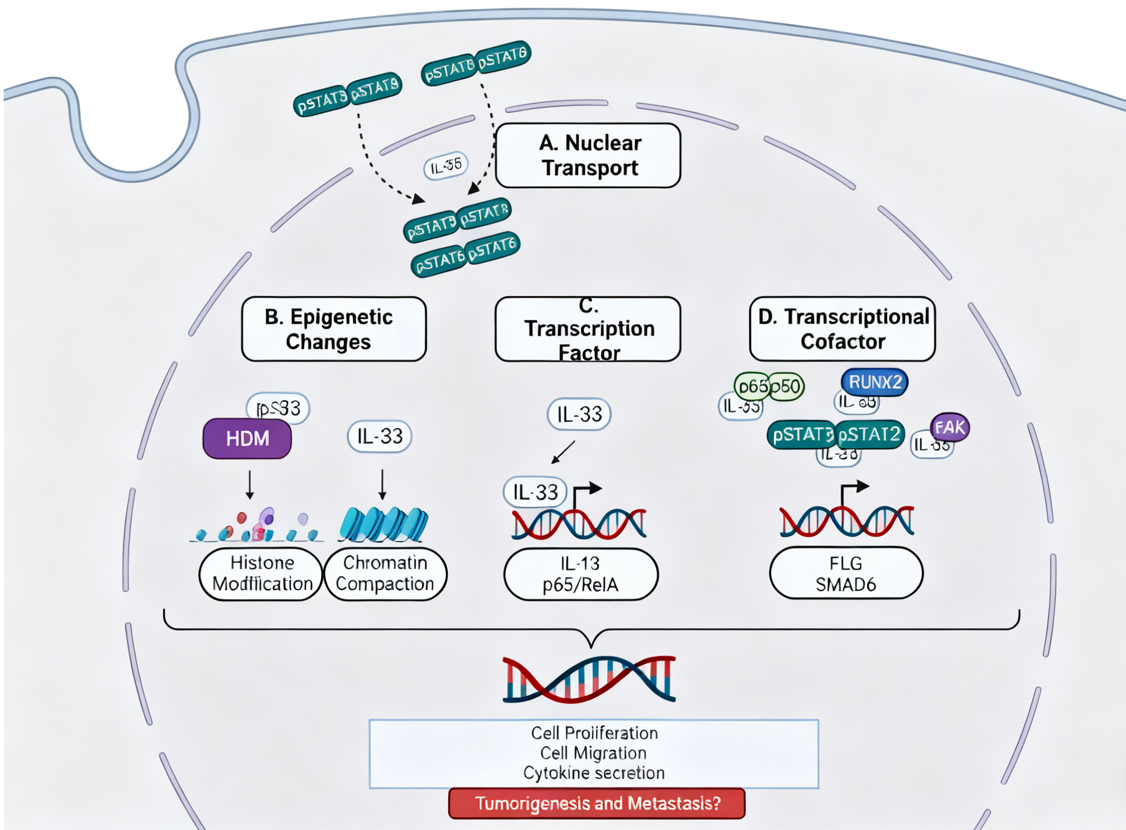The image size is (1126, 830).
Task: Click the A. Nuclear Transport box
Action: click(x=588, y=156)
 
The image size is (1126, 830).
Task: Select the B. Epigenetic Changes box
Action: click(x=334, y=329)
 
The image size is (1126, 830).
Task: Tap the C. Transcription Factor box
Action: click(x=588, y=329)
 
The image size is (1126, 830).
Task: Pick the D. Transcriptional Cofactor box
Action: click(x=842, y=329)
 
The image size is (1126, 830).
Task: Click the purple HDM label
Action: click(x=247, y=439)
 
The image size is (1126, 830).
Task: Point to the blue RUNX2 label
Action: click(x=875, y=382)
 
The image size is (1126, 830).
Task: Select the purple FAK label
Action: click(x=950, y=427)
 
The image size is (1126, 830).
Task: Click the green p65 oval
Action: click(x=752, y=387)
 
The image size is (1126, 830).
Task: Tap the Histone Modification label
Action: click(x=262, y=574)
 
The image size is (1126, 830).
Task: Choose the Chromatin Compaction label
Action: click(x=385, y=574)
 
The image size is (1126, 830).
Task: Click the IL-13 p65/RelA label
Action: click(x=581, y=574)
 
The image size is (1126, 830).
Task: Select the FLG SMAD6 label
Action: click(x=846, y=573)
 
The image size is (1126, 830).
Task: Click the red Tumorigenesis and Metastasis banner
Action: click(x=597, y=804)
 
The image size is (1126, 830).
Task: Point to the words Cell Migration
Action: click(x=593, y=753)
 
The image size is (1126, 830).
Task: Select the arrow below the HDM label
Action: click(x=250, y=484)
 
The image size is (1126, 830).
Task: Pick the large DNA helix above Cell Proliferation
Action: click(x=589, y=680)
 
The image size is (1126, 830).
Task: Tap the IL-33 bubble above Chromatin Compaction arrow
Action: click(x=380, y=436)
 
